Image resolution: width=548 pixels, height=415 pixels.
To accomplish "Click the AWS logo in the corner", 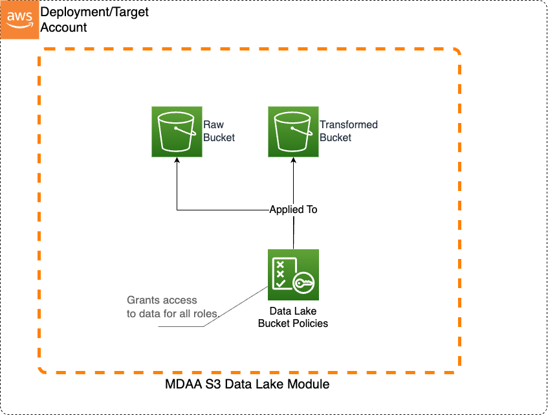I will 19,19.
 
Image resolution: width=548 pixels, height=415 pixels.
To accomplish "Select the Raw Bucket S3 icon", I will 177,133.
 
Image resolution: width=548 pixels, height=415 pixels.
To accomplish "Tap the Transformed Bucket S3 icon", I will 293,133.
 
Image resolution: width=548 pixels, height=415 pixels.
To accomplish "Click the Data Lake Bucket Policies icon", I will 293,275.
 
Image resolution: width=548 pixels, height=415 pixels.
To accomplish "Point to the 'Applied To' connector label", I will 293,210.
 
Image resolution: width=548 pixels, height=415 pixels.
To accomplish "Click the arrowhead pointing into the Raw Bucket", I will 177,161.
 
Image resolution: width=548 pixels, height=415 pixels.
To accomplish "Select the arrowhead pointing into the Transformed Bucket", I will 293,161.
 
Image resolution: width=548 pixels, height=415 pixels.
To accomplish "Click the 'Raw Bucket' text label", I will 219,131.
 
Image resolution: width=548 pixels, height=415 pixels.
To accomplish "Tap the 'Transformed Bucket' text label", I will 348,131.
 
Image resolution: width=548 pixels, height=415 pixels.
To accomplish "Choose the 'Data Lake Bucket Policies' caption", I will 293,317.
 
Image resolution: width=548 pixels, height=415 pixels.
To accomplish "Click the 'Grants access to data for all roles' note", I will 173,307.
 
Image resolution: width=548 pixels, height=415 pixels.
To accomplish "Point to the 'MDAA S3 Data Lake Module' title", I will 248,385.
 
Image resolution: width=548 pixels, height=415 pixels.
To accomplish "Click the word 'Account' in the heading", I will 63,27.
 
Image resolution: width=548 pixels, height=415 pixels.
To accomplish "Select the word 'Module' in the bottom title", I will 310,385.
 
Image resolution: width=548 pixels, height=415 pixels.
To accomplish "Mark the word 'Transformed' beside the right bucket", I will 348,125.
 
